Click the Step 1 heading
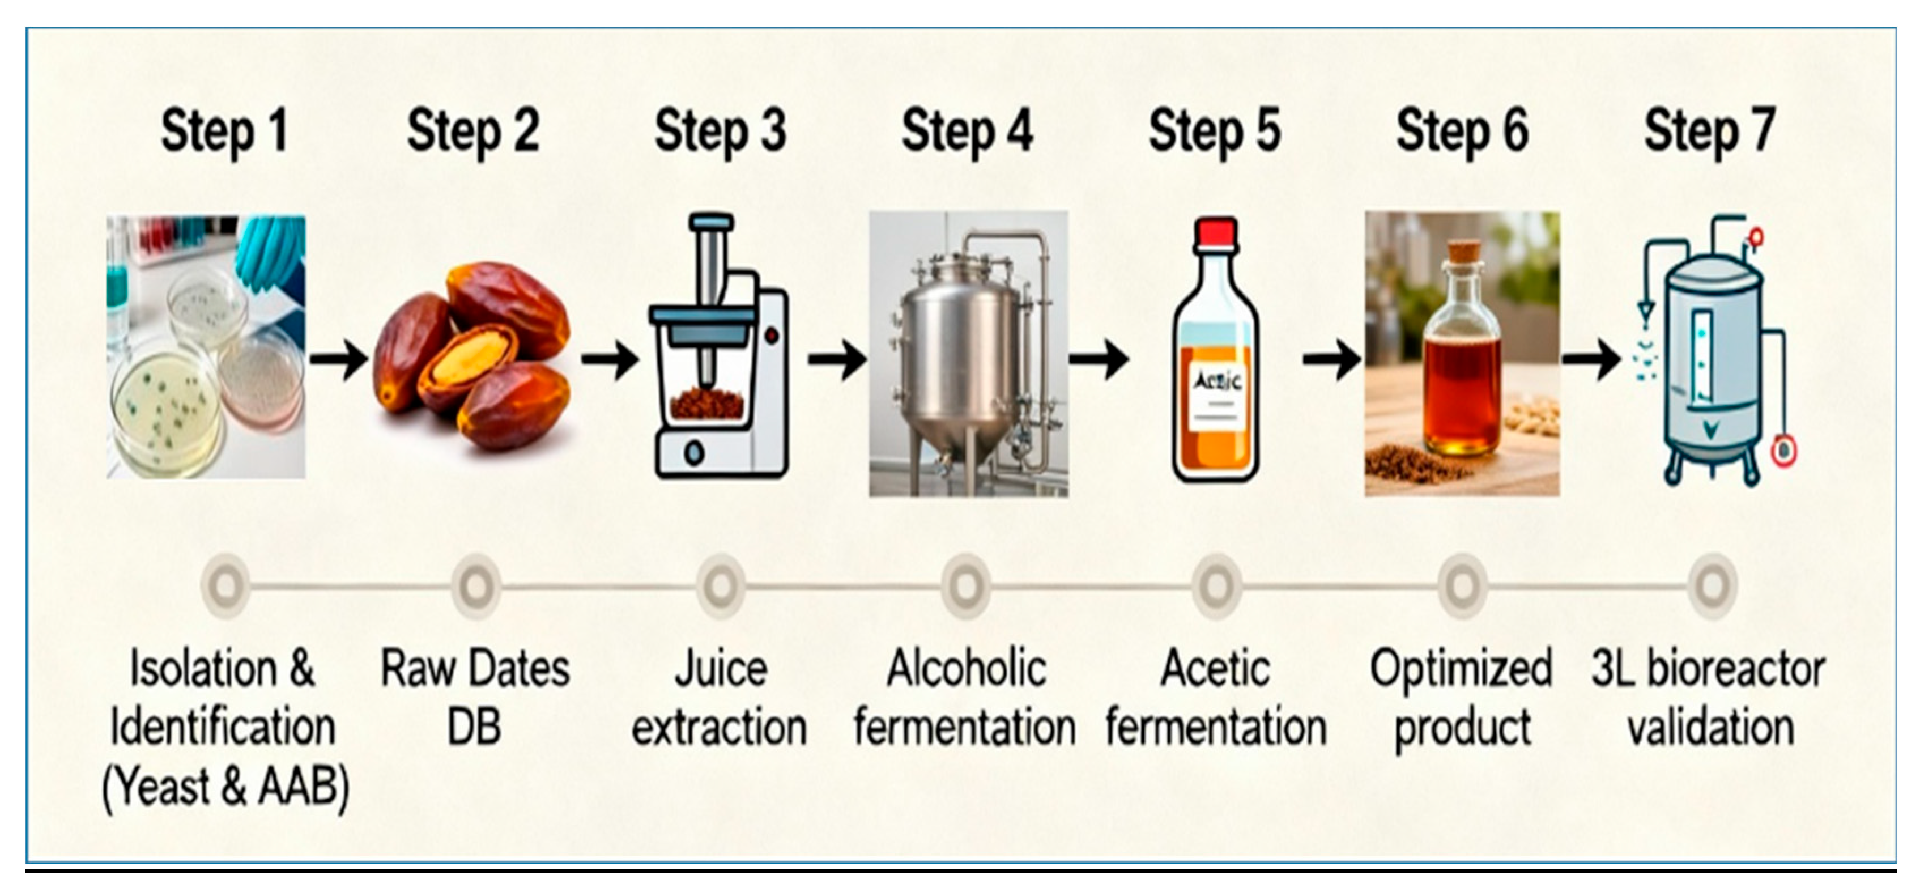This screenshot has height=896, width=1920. click(x=224, y=131)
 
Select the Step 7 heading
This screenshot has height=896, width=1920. click(x=1710, y=131)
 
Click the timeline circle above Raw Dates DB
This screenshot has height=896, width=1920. click(x=475, y=586)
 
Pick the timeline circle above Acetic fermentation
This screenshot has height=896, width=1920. click(x=1216, y=586)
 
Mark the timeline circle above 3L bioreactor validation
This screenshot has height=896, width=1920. click(x=1712, y=586)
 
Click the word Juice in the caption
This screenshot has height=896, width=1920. click(x=720, y=669)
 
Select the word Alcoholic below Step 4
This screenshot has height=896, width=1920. click(x=967, y=669)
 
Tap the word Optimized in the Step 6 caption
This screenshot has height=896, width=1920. click(x=1461, y=669)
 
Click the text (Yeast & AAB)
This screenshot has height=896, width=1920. click(x=225, y=787)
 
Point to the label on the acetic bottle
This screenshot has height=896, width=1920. click(x=1216, y=395)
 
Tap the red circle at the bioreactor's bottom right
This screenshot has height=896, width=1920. click(x=1783, y=451)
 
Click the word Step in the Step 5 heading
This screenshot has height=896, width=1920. click(x=1195, y=131)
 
